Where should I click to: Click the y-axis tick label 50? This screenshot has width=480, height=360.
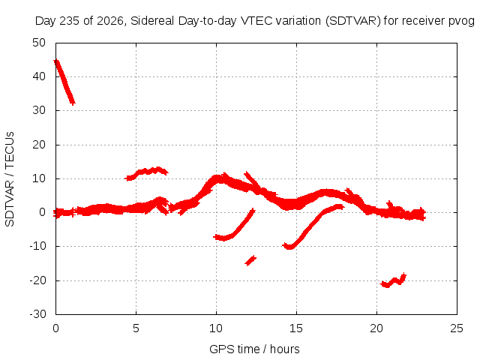39,43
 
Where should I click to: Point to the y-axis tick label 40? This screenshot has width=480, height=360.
39,76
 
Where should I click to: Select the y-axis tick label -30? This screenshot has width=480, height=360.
37,314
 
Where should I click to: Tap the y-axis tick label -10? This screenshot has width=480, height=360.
37,246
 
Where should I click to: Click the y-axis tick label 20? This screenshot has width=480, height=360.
39,145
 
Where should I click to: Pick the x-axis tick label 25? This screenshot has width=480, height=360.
457,328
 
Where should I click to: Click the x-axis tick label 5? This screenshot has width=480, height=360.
136,328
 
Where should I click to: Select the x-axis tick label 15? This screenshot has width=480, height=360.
296,328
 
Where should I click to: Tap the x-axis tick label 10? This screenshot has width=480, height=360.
216,328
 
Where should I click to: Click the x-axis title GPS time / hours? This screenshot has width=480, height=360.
254,349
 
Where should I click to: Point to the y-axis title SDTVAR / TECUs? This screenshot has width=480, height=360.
10,179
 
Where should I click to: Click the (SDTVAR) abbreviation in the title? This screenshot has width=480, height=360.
353,21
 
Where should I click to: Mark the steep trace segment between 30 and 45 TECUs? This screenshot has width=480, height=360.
64,82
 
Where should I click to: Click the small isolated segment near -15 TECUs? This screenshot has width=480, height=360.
250,260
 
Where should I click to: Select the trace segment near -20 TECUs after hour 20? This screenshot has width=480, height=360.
393,280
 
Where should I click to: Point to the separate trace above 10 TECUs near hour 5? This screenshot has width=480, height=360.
147,173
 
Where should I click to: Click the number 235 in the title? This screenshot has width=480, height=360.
70,21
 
